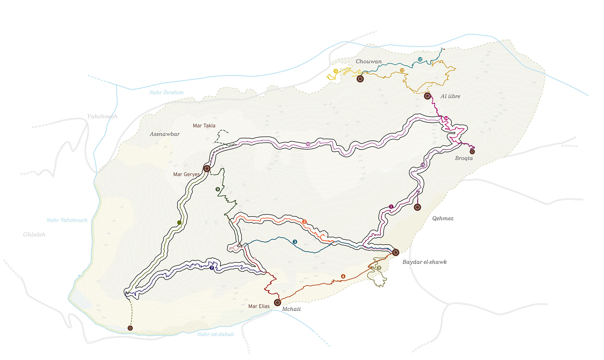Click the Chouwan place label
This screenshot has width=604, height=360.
click(368, 62)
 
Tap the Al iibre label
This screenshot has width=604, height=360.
click(450, 97)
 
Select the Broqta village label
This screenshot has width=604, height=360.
click(464, 158)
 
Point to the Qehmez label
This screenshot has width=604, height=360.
click(443, 219)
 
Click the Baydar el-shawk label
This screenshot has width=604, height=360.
click(424, 262)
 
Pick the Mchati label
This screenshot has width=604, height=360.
click(291, 309)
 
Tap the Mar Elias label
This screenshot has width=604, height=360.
click(259, 306)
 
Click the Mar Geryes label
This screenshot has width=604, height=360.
click(186, 174)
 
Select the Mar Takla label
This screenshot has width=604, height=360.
click(204, 126)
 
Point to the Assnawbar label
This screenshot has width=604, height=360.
click(165, 134)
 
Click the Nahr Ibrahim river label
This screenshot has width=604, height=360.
click(166, 92)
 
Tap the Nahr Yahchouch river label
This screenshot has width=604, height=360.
click(67, 220)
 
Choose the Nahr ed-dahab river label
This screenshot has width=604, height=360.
click(215, 334)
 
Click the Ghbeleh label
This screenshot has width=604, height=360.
click(34, 235)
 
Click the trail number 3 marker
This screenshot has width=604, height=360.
click(295, 242)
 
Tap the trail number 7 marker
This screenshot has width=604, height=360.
click(212, 268)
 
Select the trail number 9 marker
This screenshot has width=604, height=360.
click(217, 189)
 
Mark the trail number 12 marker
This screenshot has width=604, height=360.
click(420, 59)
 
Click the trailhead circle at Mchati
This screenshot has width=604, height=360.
click(277, 302)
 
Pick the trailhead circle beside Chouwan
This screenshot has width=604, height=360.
click(360, 79)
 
